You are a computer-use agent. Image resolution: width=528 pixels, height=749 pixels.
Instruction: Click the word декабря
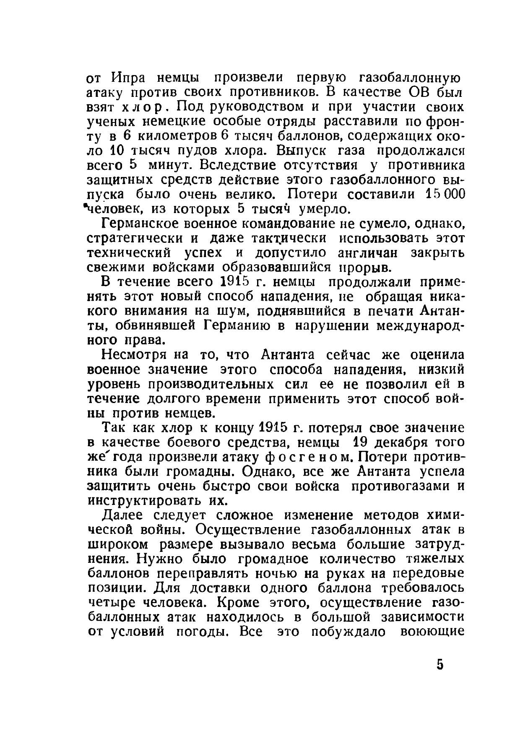(x=402, y=442)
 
